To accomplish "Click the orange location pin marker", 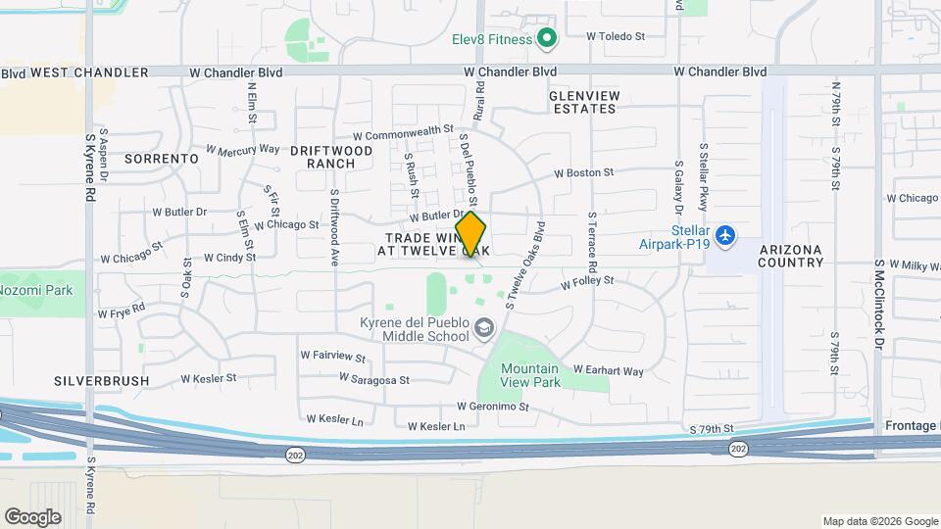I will tap(471, 234).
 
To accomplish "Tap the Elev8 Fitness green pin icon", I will tap(547, 39).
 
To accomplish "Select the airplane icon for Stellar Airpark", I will tap(724, 235).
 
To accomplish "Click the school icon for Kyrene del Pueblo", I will tap(482, 327).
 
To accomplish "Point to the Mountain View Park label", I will tap(530, 375).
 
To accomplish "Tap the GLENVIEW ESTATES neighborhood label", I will tap(583, 101).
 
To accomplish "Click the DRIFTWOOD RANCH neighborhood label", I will tap(331, 157).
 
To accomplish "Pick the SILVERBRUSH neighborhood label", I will tap(102, 380).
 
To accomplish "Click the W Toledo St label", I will tap(616, 36).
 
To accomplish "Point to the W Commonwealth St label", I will tap(403, 132).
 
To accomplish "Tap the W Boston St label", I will tap(583, 172).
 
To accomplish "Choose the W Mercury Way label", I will tap(243, 151).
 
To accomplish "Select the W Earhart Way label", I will tap(608, 371).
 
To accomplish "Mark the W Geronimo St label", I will tap(492, 407).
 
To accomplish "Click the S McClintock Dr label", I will tap(879, 304).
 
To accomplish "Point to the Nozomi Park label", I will tap(36, 290).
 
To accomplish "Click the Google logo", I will tap(32, 516).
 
